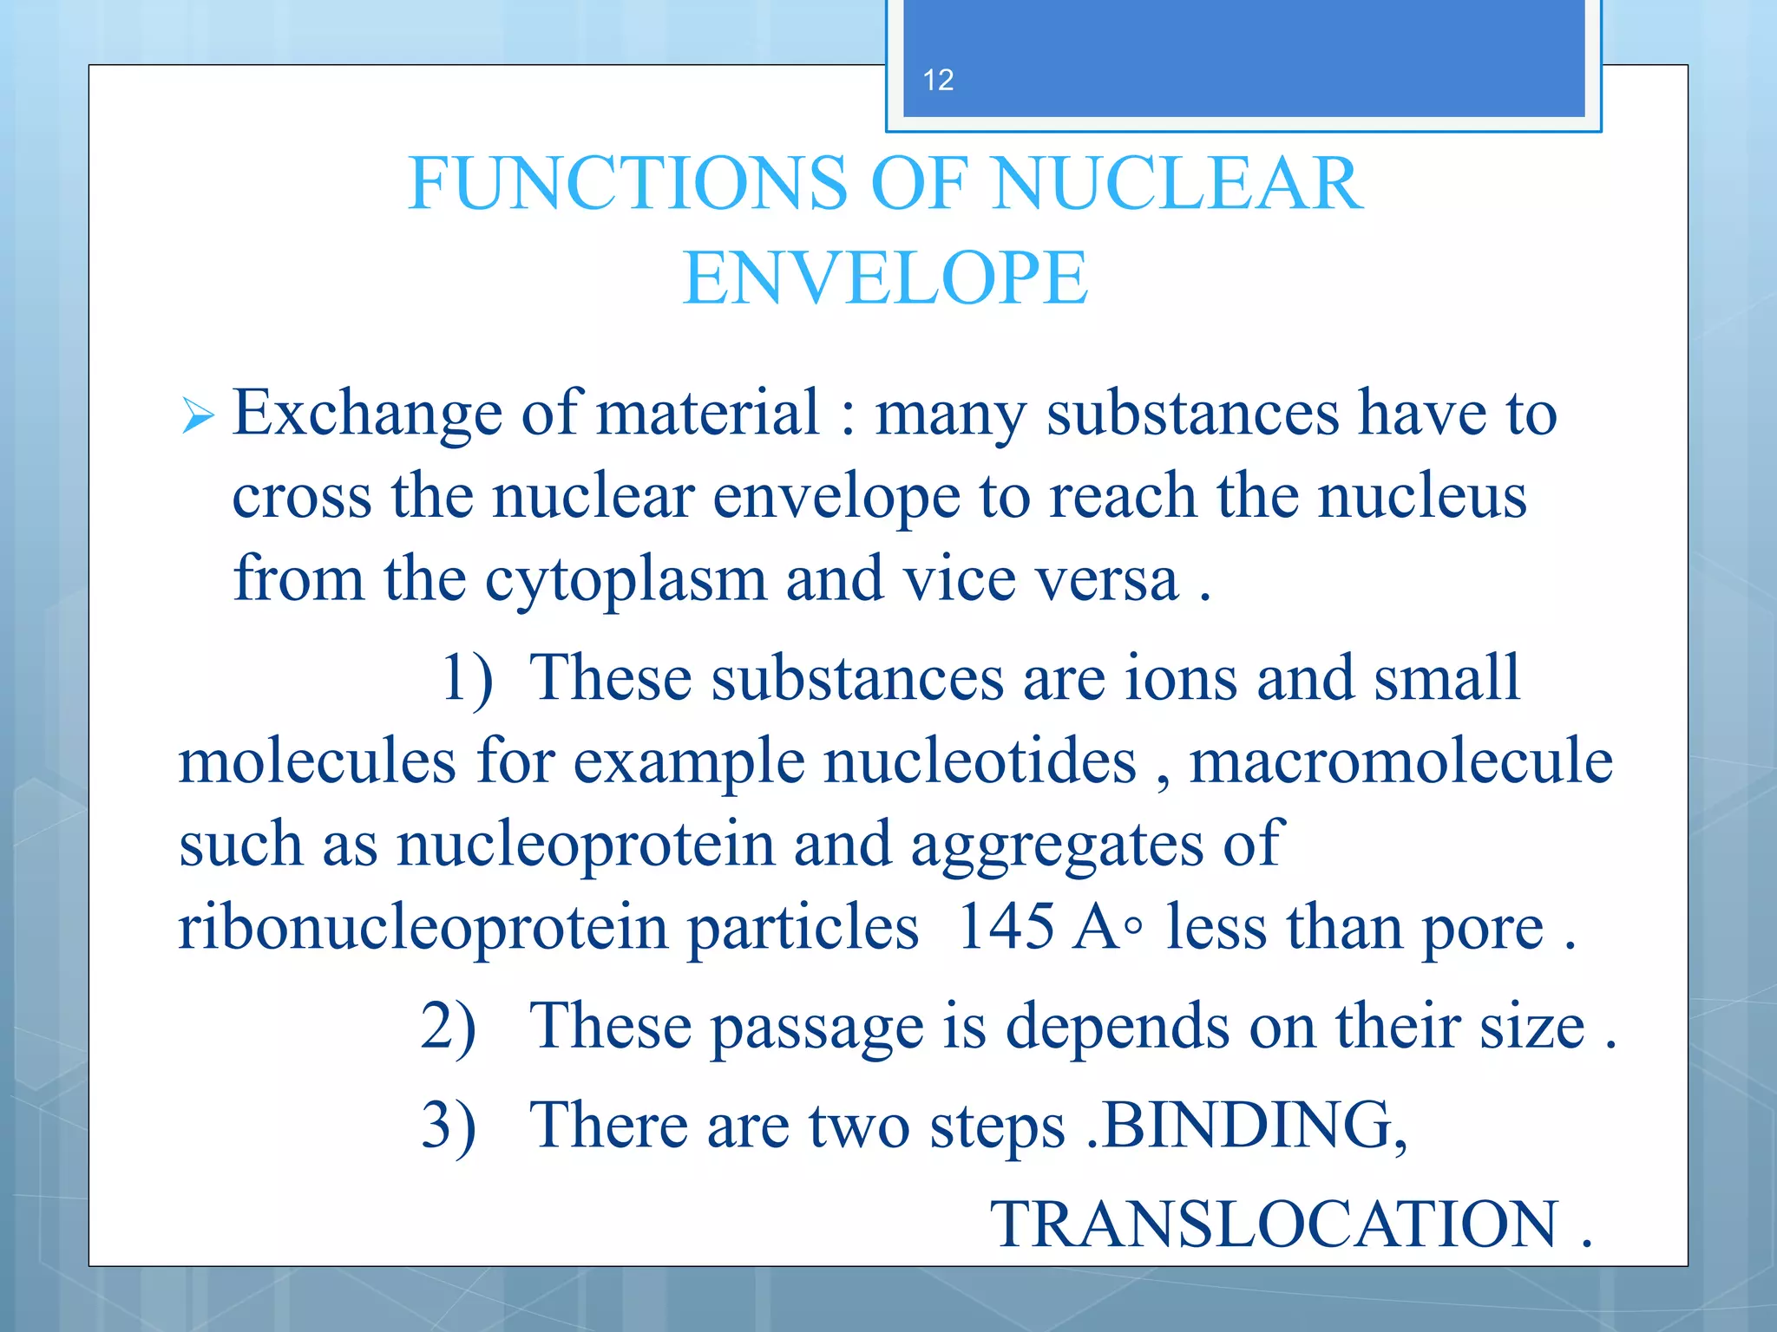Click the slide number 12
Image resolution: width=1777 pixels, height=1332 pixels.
938,81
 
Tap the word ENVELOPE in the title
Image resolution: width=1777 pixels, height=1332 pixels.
885,278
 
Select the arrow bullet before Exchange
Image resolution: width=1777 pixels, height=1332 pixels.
198,416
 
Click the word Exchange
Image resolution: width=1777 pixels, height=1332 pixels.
367,414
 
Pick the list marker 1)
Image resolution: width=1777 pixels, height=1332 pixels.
467,678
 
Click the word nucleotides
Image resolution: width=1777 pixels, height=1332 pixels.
980,762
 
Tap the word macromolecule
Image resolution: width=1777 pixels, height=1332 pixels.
1400,762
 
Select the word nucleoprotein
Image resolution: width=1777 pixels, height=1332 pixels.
586,845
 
